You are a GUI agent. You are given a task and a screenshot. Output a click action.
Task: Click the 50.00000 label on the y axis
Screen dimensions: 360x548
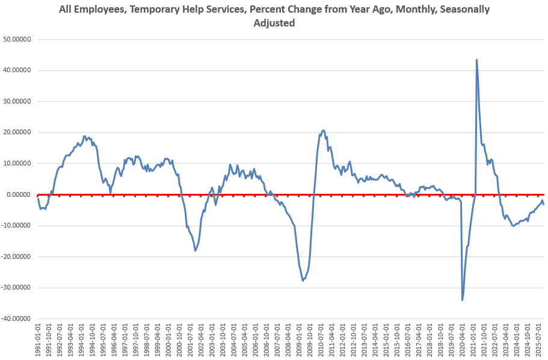(x=17, y=39)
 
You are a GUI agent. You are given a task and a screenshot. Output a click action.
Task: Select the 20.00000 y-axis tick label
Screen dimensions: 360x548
(x=17, y=132)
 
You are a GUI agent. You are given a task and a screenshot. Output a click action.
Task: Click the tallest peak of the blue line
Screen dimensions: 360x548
(x=476, y=60)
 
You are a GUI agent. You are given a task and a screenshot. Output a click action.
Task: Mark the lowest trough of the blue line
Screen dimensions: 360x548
(x=462, y=300)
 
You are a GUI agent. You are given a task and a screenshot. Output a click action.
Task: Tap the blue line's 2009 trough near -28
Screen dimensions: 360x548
(x=303, y=281)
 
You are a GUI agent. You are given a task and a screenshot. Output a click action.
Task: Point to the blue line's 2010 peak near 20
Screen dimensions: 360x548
(x=323, y=130)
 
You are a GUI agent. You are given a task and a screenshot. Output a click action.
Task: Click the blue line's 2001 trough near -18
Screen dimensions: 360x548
(x=195, y=250)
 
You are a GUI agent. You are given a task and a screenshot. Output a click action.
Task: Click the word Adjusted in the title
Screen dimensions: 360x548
(x=274, y=23)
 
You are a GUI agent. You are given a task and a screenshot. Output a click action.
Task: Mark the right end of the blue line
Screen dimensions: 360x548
(x=544, y=204)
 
